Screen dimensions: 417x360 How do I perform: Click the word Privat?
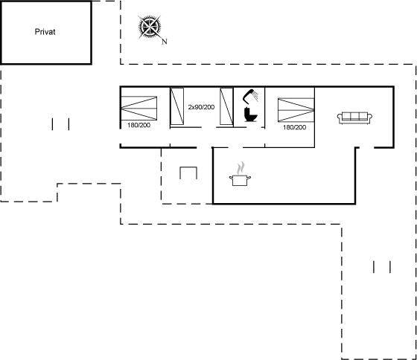[45, 32]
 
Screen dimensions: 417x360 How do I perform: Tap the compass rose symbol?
[150, 27]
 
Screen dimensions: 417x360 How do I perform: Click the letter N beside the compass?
[165, 42]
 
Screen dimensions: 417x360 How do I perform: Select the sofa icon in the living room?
[354, 118]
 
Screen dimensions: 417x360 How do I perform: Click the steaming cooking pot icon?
[240, 175]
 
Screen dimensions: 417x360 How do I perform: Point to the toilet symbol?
[250, 115]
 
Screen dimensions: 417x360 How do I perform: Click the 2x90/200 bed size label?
[201, 107]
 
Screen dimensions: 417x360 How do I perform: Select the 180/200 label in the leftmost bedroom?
[139, 125]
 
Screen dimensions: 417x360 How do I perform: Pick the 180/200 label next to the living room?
[294, 127]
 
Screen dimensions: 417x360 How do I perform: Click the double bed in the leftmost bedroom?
[139, 108]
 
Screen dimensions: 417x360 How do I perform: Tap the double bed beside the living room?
[296, 110]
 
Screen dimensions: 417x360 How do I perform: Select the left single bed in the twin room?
[177, 106]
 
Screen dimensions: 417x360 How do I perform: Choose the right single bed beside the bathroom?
[226, 106]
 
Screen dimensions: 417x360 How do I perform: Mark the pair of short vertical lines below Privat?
[60, 124]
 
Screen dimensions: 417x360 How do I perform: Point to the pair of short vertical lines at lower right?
[382, 267]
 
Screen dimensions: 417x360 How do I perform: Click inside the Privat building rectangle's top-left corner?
[2, 3]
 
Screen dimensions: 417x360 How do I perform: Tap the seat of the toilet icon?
[252, 117]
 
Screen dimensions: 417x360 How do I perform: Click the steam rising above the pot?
[241, 167]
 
